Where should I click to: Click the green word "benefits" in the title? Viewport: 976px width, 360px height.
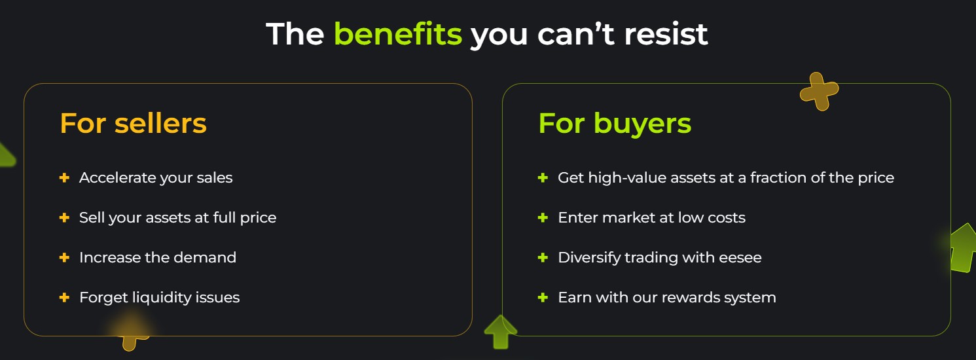pyautogui.click(x=397, y=34)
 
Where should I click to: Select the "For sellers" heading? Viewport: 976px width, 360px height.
pyautogui.click(x=133, y=123)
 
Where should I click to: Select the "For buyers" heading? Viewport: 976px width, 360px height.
pyautogui.click(x=615, y=123)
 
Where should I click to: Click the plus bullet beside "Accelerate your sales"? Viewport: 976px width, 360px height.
pyautogui.click(x=64, y=177)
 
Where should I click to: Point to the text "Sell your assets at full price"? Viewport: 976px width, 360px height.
pyautogui.click(x=177, y=217)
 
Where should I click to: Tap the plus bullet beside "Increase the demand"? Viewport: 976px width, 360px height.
pyautogui.click(x=64, y=257)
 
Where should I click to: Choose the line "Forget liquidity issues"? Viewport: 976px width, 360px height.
pyautogui.click(x=159, y=297)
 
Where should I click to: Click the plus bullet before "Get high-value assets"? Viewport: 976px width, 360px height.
pyautogui.click(x=543, y=177)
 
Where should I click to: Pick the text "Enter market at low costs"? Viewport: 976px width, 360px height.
pyautogui.click(x=651, y=217)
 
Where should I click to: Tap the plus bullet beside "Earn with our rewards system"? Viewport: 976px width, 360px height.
pyautogui.click(x=543, y=297)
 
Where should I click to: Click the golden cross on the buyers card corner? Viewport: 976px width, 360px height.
pyautogui.click(x=819, y=90)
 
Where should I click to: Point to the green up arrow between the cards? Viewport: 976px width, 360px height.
pyautogui.click(x=501, y=332)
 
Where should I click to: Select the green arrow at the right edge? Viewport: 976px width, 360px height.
pyautogui.click(x=962, y=248)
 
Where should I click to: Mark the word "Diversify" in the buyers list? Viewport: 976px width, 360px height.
pyautogui.click(x=588, y=257)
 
